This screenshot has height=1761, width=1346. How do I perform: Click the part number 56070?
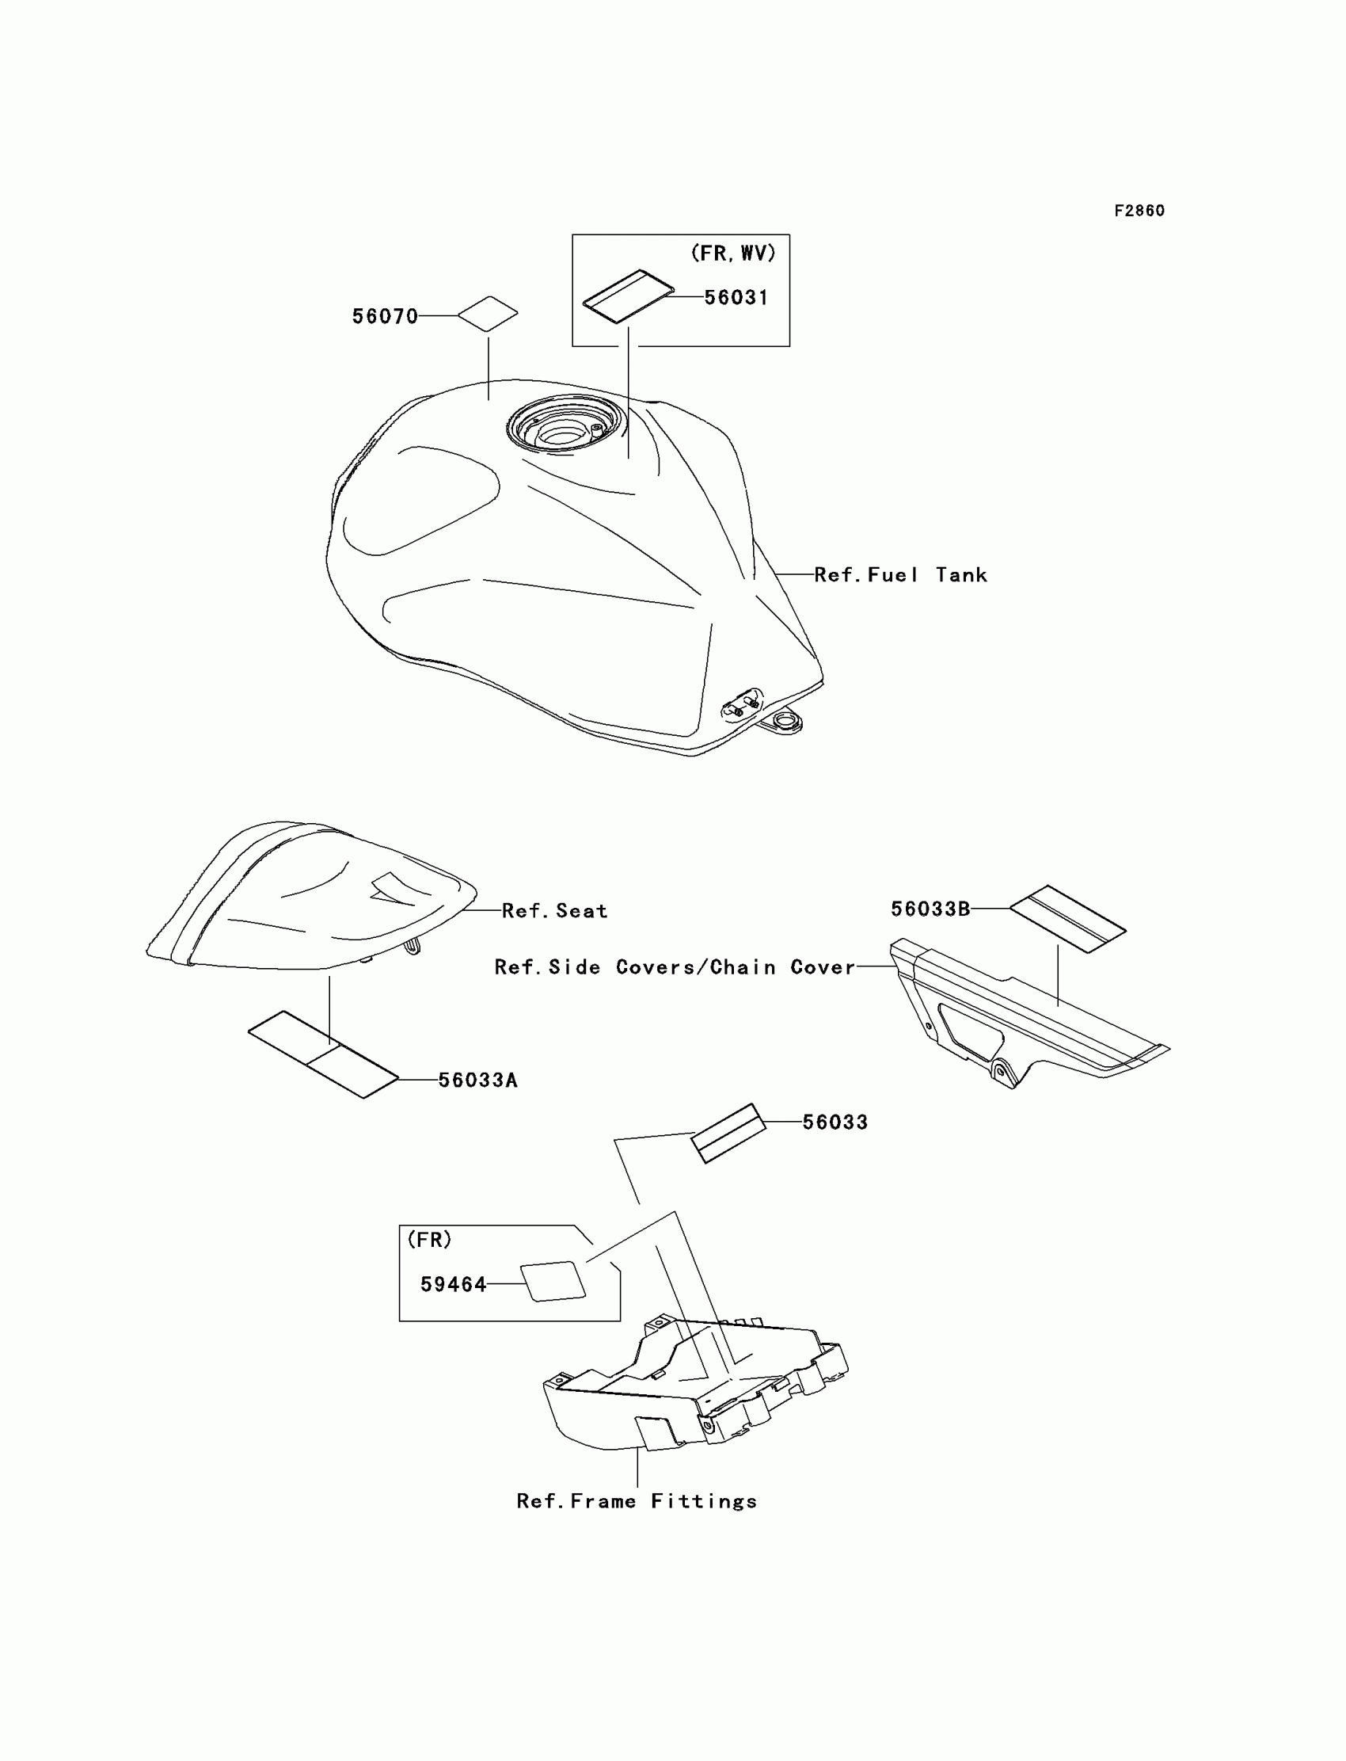pyautogui.click(x=385, y=317)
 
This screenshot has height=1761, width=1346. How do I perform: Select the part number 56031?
pyautogui.click(x=736, y=297)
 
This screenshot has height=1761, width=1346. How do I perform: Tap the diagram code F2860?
pyautogui.click(x=1139, y=211)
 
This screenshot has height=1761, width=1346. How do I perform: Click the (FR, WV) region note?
pyautogui.click(x=733, y=253)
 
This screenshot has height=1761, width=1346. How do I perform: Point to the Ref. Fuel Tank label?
pyautogui.click(x=900, y=574)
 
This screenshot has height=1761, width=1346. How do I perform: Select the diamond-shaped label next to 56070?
pyautogui.click(x=488, y=314)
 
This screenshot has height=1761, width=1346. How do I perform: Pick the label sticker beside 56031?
pyautogui.click(x=628, y=296)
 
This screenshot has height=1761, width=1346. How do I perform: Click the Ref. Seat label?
pyautogui.click(x=554, y=910)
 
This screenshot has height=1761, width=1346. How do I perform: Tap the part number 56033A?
pyautogui.click(x=477, y=1081)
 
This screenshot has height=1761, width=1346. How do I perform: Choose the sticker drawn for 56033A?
pyautogui.click(x=323, y=1054)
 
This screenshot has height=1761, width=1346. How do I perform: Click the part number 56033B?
pyautogui.click(x=930, y=909)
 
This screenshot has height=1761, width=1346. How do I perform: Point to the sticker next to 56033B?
pyautogui.click(x=1067, y=919)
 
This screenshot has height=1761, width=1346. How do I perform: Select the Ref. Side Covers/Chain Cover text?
pyautogui.click(x=675, y=967)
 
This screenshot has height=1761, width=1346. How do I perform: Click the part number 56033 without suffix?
pyautogui.click(x=835, y=1123)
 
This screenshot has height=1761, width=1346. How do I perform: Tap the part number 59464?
pyautogui.click(x=454, y=1285)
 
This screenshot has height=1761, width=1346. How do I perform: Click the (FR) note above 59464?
pyautogui.click(x=429, y=1240)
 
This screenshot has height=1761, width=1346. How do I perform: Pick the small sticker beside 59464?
pyautogui.click(x=553, y=1282)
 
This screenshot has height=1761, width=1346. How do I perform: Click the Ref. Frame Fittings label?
pyautogui.click(x=637, y=1501)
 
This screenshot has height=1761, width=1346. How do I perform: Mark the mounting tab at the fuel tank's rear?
pyautogui.click(x=781, y=724)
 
